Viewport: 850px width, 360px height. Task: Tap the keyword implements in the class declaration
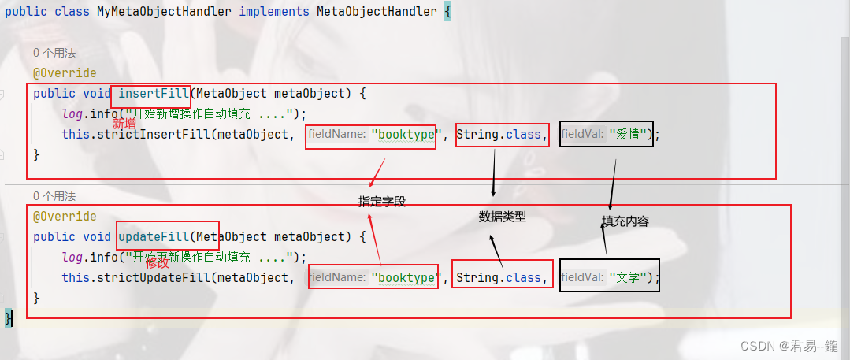[x=273, y=13]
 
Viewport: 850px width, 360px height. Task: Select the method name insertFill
[x=154, y=94]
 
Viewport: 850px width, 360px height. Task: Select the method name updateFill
[x=154, y=237]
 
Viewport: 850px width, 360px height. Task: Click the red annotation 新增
[x=124, y=124]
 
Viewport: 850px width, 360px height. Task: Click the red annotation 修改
[x=158, y=263]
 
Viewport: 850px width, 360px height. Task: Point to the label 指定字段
[x=382, y=202]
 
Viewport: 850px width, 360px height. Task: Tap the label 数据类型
[x=502, y=217]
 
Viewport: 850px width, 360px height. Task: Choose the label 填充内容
[x=625, y=221]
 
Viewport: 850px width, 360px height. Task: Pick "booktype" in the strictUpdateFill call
[x=404, y=278]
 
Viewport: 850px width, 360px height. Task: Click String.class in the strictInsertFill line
[x=499, y=135]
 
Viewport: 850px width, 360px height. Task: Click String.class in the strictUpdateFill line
[x=499, y=278]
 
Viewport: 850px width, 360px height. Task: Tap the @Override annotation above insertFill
[x=65, y=73]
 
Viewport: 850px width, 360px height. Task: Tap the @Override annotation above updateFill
[x=65, y=217]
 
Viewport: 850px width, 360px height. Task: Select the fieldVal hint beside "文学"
[x=584, y=278]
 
